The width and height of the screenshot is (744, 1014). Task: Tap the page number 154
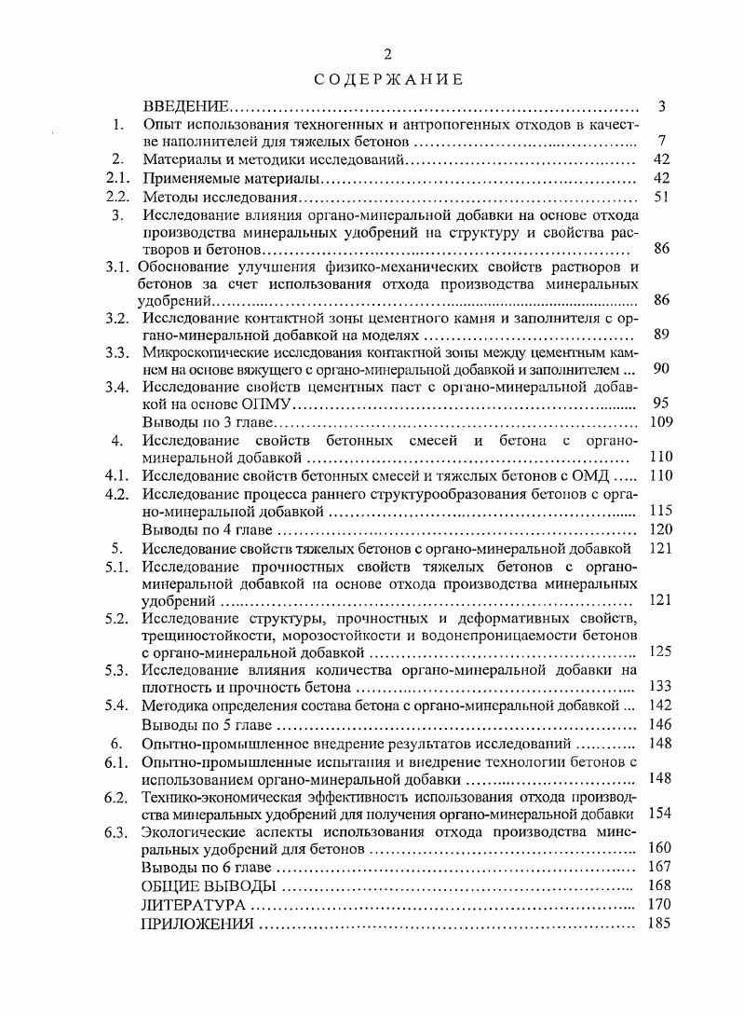click(659, 814)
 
